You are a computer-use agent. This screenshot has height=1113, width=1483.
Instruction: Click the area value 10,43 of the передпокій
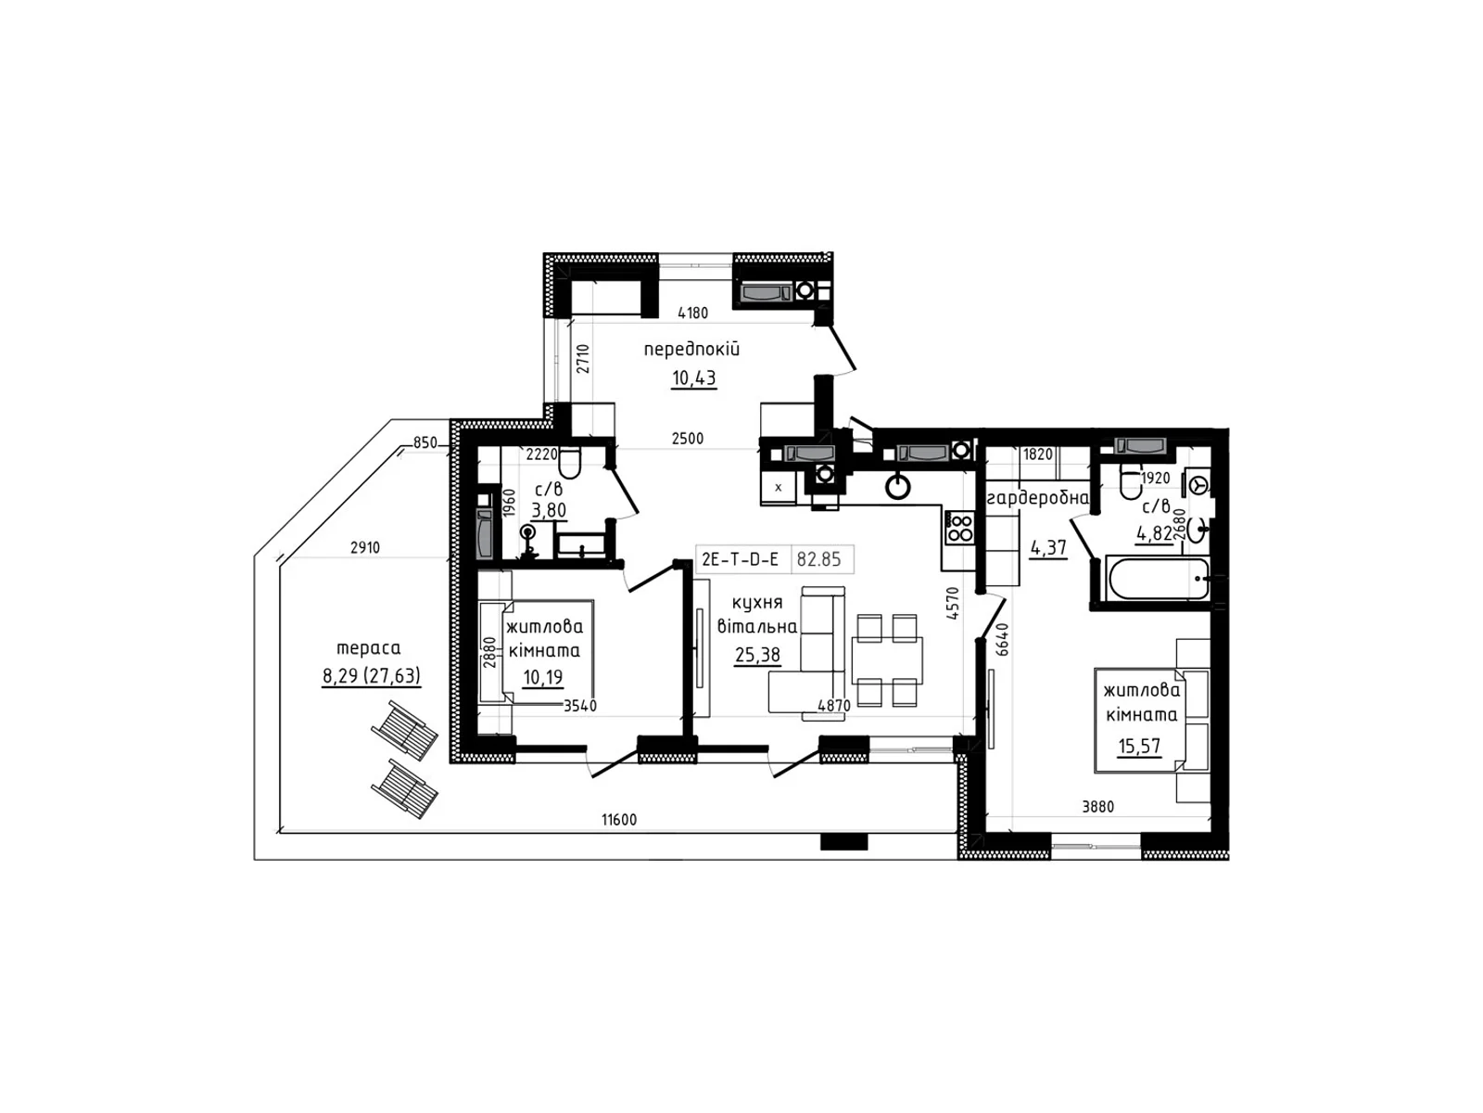(693, 377)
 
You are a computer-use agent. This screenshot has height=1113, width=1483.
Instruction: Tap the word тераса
(368, 647)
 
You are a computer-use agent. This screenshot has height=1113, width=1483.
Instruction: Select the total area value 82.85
(818, 559)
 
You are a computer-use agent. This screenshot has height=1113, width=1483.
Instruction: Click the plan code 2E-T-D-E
(740, 559)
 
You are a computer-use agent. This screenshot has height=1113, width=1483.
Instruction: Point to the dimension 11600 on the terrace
(619, 820)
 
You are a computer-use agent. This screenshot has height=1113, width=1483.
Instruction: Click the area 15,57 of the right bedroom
(1139, 746)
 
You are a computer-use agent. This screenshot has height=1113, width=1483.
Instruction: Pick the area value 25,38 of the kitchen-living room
(757, 654)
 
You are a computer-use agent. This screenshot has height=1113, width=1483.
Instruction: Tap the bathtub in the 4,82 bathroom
(1158, 578)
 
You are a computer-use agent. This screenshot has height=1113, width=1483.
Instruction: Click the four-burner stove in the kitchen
(960, 528)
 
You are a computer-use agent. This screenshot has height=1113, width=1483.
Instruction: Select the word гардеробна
(1038, 499)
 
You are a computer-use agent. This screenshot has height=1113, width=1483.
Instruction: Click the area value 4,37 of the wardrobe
(1048, 546)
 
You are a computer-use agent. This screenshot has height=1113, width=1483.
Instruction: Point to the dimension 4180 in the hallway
(692, 313)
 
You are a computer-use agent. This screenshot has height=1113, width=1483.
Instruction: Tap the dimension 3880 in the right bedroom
(1098, 806)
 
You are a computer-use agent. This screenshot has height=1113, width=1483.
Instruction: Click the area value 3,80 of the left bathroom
(549, 509)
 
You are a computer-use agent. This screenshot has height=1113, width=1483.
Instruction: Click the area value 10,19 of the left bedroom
(542, 676)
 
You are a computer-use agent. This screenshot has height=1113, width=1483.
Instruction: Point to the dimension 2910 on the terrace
(365, 547)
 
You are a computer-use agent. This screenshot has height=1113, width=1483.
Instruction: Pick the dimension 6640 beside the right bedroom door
(1003, 639)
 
